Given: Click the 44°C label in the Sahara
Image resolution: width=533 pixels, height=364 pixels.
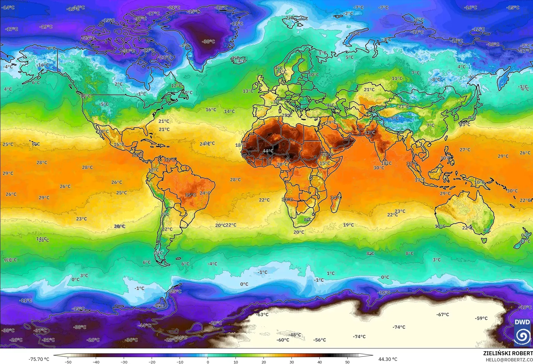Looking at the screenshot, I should (x=268, y=151).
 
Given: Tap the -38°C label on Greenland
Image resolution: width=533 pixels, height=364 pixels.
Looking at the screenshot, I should (x=208, y=42).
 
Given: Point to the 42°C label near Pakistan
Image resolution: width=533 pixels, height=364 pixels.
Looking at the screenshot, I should (x=369, y=133).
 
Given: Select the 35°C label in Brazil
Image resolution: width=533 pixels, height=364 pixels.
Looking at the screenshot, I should (x=190, y=195).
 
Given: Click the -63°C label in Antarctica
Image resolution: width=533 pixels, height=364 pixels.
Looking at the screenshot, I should (x=262, y=315).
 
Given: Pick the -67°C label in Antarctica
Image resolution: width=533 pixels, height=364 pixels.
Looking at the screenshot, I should (x=442, y=315).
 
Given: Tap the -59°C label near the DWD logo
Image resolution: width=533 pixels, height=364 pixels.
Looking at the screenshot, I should (x=481, y=318).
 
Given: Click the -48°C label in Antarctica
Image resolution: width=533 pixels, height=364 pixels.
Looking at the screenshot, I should (x=295, y=335).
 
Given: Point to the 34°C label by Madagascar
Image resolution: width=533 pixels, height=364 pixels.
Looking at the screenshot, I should (x=336, y=198).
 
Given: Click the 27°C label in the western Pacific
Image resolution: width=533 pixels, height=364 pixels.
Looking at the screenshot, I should (x=465, y=150).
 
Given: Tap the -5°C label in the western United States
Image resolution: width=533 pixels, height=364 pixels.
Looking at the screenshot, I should (x=104, y=104).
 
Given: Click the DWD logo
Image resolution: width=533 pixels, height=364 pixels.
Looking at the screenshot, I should (x=522, y=332).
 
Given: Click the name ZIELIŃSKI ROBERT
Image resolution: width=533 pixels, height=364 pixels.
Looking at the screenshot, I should (x=508, y=353).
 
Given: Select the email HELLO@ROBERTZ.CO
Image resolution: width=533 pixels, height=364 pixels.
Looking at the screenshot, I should (x=509, y=359).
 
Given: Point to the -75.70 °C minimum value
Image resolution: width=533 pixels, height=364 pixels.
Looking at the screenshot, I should (x=39, y=359).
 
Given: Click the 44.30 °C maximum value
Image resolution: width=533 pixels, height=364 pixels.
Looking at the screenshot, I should (x=388, y=359).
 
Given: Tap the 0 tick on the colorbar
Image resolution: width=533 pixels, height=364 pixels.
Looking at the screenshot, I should (x=208, y=362).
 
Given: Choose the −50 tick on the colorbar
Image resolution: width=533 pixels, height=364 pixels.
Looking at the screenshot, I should (x=68, y=362).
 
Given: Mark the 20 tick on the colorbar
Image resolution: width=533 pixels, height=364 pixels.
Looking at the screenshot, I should (x=264, y=362).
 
